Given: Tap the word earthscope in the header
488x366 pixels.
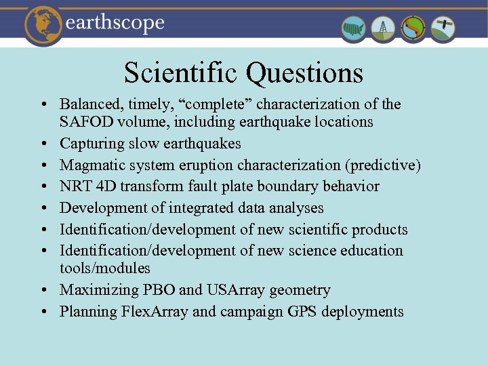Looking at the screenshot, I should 115,23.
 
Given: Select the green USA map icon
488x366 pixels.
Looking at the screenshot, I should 354,28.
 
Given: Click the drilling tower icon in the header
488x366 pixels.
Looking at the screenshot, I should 384,28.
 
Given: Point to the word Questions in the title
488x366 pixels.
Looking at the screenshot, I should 305,73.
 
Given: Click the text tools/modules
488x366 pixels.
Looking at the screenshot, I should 105,269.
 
